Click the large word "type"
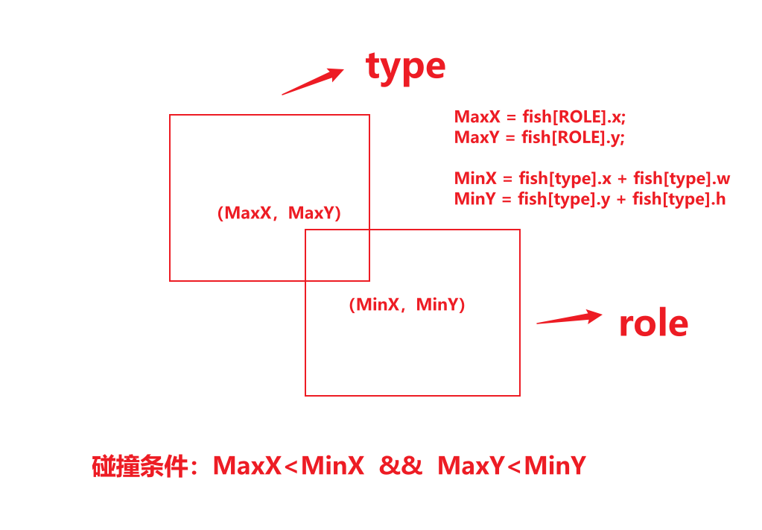(x=405, y=67)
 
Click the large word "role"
(x=653, y=324)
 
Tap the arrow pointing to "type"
(x=312, y=81)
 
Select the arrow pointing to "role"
(x=569, y=318)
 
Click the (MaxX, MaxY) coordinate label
(x=279, y=213)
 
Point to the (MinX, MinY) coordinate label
(x=407, y=304)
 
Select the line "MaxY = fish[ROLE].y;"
(x=539, y=138)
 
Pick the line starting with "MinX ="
(x=591, y=179)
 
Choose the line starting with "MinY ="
(x=589, y=199)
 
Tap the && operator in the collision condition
(x=401, y=466)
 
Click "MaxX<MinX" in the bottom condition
(x=288, y=466)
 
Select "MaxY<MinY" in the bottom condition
(x=511, y=466)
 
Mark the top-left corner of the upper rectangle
(x=170, y=115)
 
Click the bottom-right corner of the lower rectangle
(x=519, y=395)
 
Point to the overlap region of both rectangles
(x=337, y=255)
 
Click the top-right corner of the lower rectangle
(x=519, y=230)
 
